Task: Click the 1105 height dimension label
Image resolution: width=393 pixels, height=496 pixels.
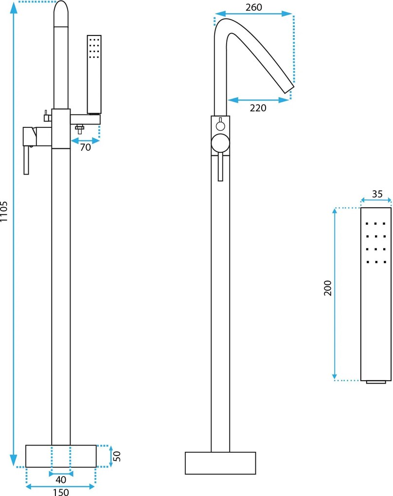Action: [x=5, y=212]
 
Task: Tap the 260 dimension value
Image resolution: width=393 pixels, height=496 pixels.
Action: [x=253, y=7]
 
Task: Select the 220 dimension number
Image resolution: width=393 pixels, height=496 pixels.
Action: [x=258, y=108]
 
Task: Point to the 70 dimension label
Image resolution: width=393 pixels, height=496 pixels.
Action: [x=85, y=148]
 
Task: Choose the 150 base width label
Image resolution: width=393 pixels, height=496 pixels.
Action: [x=61, y=492]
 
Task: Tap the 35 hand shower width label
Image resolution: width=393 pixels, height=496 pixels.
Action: [x=377, y=194]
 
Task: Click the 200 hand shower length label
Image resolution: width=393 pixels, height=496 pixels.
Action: [x=327, y=288]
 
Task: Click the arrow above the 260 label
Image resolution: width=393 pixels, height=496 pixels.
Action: [x=253, y=14]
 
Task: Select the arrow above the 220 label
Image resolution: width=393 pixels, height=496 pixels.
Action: [x=258, y=100]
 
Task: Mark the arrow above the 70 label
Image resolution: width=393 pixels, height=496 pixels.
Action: [x=85, y=141]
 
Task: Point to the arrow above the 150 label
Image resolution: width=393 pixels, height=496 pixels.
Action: [x=61, y=486]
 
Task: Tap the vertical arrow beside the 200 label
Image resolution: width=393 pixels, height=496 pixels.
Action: [x=335, y=294]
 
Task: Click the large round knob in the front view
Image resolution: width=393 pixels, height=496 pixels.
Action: [x=220, y=144]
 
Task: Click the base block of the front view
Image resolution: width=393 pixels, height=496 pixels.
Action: [x=220, y=463]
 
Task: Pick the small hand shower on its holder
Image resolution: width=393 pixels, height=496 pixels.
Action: [x=94, y=74]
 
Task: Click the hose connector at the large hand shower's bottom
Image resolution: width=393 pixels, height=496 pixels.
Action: [x=375, y=382]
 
